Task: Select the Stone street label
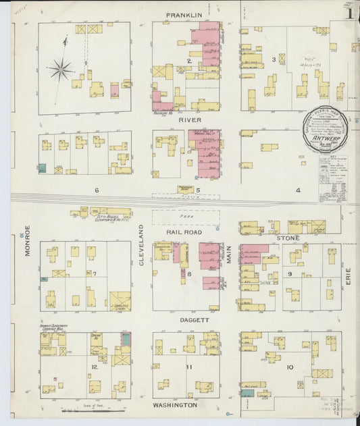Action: pos(288,238)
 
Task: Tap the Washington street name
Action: pos(175,405)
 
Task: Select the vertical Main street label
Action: pos(229,252)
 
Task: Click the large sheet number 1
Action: pos(349,13)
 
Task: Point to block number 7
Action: pos(95,273)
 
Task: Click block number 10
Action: pos(290,367)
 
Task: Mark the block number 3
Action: pos(274,60)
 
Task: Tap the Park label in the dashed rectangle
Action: pos(185,217)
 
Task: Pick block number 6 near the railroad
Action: pos(97,190)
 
